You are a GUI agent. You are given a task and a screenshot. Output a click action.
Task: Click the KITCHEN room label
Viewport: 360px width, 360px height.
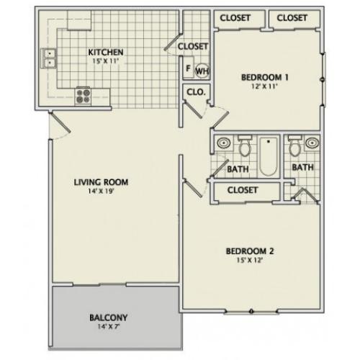click(106, 52)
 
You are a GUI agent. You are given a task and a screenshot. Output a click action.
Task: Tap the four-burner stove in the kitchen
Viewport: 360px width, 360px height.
click(83, 96)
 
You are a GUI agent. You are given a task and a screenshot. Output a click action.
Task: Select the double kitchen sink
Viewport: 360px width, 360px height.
click(49, 58)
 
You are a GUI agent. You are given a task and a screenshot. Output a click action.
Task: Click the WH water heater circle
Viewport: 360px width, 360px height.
click(202, 71)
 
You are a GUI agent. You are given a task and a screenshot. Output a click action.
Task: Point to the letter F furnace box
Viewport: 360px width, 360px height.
click(188, 68)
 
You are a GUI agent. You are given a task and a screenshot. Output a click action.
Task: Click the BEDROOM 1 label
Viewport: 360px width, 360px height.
click(265, 77)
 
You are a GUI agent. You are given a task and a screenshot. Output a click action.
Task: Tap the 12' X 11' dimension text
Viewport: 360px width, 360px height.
click(264, 86)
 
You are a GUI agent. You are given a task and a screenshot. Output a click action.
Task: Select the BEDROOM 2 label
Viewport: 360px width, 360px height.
click(250, 251)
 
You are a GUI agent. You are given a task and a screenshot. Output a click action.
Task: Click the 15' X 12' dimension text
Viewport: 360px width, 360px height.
click(250, 260)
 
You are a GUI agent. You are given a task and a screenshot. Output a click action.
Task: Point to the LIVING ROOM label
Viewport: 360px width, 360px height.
click(101, 182)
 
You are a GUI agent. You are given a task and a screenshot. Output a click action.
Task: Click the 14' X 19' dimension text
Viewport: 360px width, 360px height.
click(101, 192)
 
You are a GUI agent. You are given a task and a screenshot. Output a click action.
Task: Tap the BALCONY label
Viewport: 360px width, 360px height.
click(109, 318)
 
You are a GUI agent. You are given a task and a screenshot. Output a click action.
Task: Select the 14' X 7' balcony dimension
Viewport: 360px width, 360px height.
click(109, 327)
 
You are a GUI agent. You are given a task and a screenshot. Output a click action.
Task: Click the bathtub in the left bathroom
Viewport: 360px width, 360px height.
click(269, 156)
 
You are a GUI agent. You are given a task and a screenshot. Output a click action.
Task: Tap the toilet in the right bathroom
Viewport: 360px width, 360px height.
click(294, 146)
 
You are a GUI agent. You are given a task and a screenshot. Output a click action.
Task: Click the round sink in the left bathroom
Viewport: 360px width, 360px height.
click(224, 143)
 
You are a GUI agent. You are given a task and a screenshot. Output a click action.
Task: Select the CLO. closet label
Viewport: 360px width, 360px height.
click(196, 92)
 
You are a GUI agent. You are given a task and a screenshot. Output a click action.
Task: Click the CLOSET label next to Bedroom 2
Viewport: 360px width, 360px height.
click(243, 190)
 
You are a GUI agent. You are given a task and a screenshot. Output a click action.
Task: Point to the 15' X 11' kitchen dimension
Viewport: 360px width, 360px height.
click(106, 61)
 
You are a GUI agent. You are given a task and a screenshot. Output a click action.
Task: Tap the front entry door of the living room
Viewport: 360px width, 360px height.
click(60, 123)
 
